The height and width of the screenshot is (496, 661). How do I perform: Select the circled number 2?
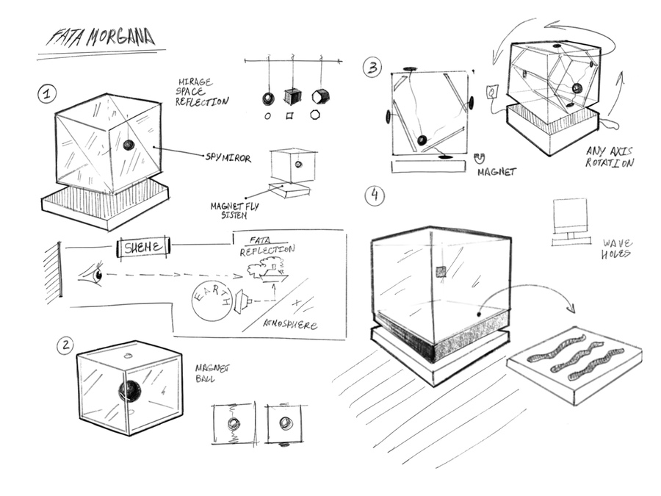[x=67, y=345]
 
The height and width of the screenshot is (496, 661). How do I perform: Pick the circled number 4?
[x=375, y=195]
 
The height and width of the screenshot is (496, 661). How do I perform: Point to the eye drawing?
[x=90, y=275]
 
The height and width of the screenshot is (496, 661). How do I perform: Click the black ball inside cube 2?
[x=130, y=391]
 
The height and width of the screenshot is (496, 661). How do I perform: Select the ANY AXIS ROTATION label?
[x=610, y=157]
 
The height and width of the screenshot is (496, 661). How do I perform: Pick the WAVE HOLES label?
[x=618, y=248]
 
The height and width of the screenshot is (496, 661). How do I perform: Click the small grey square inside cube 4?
[x=441, y=271]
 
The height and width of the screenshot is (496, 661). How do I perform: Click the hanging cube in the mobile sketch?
[x=292, y=96]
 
